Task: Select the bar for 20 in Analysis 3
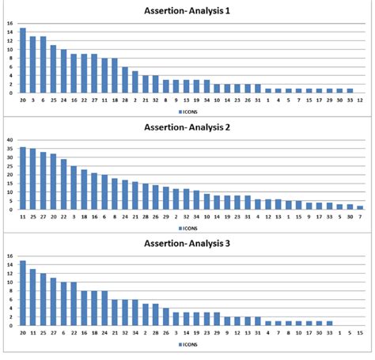click(23, 294)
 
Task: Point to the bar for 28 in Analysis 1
click(125, 80)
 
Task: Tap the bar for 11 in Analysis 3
click(33, 297)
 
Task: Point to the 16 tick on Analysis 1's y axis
click(9, 23)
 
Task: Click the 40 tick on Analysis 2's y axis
click(9, 141)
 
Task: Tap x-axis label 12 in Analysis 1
click(361, 100)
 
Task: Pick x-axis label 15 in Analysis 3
click(361, 334)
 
